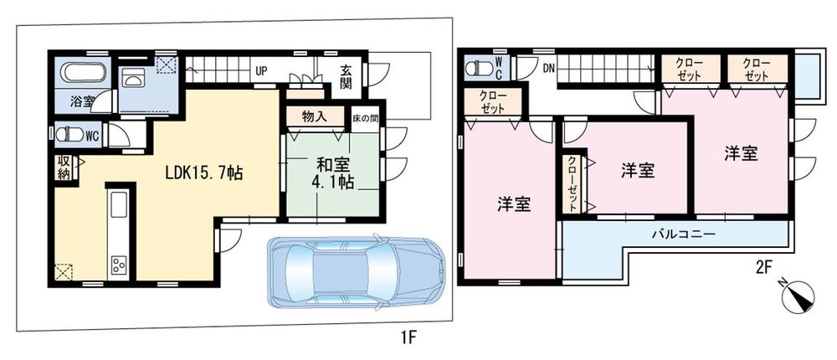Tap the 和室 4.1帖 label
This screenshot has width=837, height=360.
tap(333, 172)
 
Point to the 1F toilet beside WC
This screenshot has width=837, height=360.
tap(65, 133)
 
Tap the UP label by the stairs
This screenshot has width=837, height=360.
tap(260, 70)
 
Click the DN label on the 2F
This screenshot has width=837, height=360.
tap(549, 67)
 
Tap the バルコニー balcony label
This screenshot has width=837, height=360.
tap(684, 234)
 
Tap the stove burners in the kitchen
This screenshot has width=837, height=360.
tap(118, 266)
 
